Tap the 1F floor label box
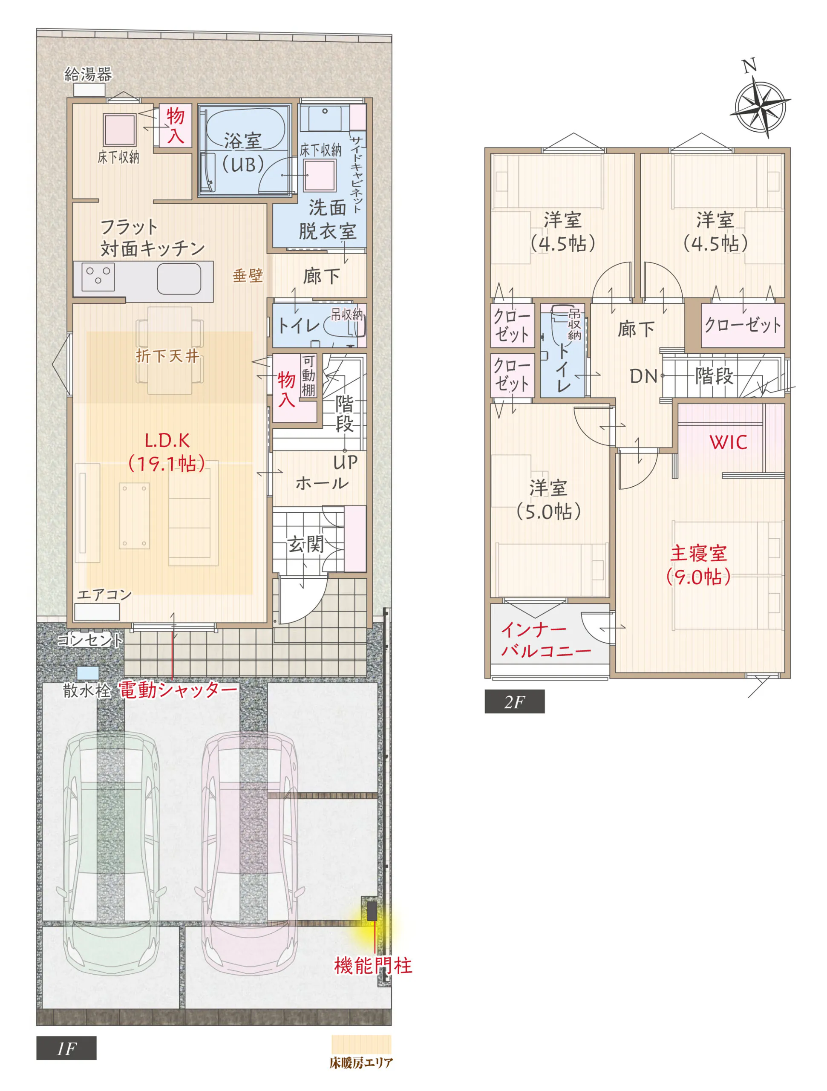[x=66, y=1048]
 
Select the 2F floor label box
[x=514, y=702]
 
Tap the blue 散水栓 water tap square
[x=88, y=673]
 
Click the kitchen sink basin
[x=179, y=279]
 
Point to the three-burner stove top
[x=98, y=277]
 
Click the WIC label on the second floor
[x=729, y=442]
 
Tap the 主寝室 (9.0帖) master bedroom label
[x=698, y=565]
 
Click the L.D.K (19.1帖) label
[x=167, y=452]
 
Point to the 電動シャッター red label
[x=178, y=690]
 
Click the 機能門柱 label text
[x=373, y=966]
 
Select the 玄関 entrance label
[x=306, y=545]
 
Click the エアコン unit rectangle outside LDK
[x=97, y=612]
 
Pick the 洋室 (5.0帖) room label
[x=548, y=499]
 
